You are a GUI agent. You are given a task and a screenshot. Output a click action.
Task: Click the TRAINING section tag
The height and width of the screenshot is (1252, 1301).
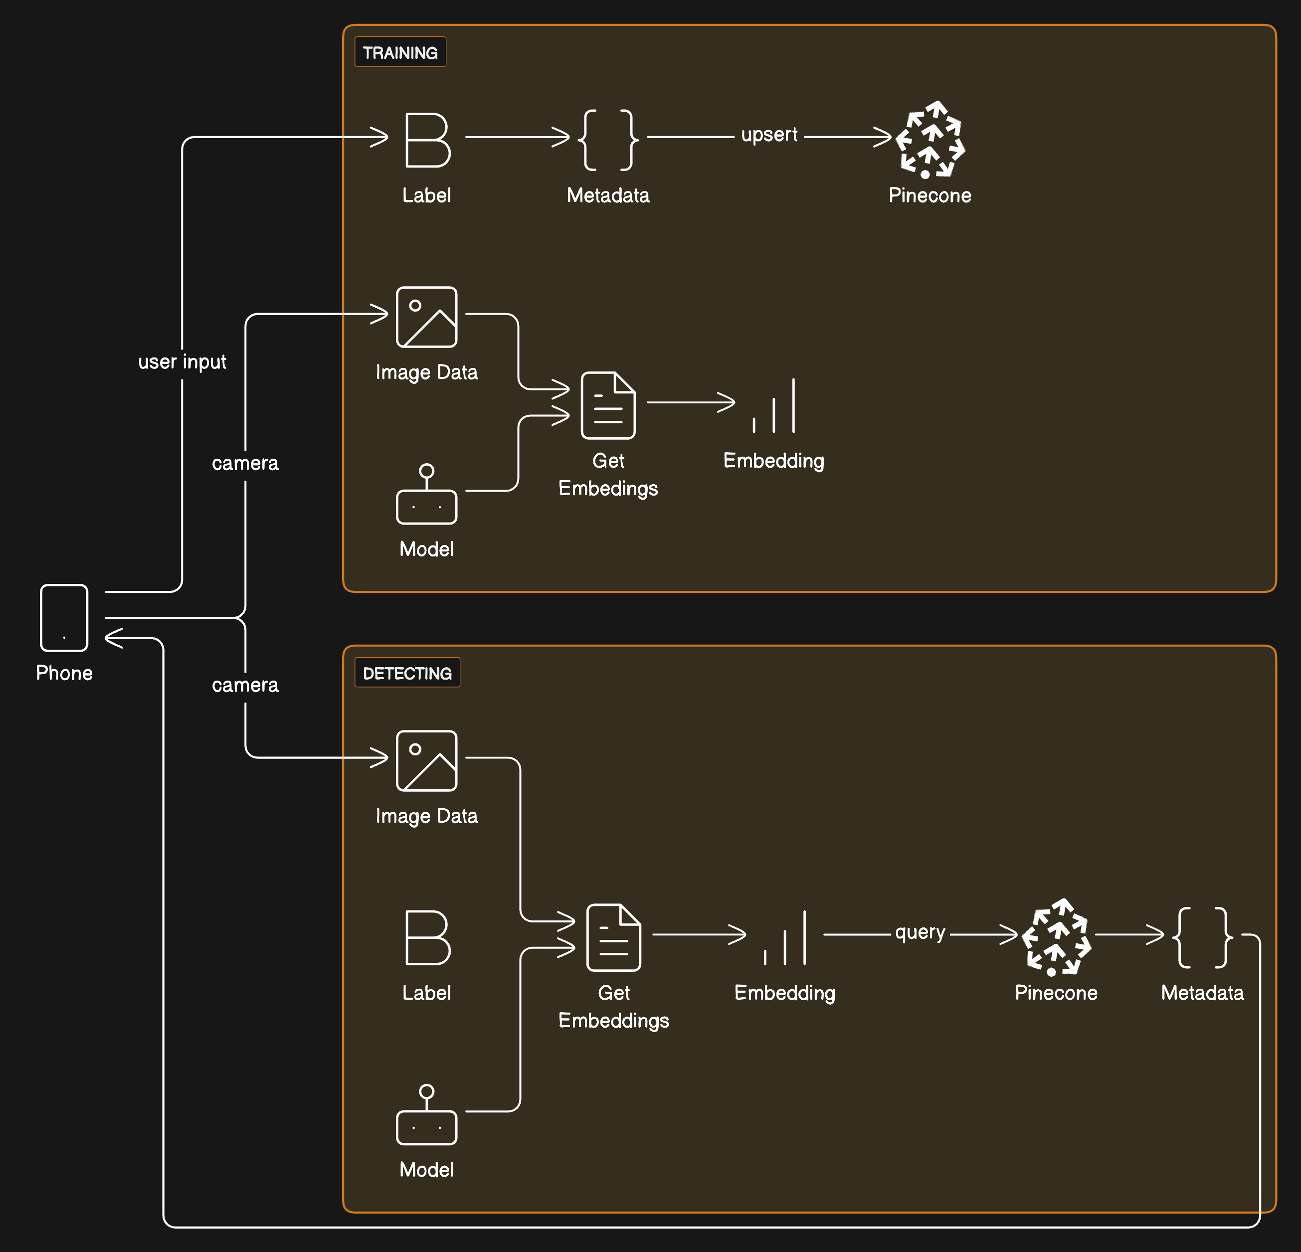400,52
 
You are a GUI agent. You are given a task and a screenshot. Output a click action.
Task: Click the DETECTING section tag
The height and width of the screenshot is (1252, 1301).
407,673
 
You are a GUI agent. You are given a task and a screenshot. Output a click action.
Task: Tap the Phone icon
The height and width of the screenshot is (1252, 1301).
64,617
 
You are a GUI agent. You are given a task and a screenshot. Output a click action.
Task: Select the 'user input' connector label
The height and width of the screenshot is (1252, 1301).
182,362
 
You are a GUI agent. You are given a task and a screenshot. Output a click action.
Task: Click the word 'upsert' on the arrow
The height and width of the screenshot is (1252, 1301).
768,135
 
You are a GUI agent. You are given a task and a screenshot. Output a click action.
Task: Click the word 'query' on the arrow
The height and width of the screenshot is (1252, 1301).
920,932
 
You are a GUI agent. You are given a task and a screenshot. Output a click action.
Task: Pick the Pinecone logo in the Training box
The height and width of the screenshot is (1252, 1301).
929,140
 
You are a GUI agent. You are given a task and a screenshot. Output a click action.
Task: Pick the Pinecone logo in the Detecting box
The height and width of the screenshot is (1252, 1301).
1056,937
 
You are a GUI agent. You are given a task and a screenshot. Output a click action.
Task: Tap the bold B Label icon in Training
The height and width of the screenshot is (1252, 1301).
427,140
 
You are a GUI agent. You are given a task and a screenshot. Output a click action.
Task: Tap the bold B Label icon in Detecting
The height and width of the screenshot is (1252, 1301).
427,937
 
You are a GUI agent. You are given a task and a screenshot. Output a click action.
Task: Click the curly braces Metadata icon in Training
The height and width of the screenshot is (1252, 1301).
608,140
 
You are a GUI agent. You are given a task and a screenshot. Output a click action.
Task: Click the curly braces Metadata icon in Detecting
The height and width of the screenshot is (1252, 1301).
1202,937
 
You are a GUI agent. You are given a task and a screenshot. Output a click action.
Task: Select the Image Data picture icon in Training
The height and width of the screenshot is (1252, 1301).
427,317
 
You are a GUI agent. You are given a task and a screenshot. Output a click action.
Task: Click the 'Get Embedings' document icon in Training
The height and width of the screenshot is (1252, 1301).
608,405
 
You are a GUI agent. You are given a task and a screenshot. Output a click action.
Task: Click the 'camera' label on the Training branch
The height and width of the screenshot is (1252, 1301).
245,463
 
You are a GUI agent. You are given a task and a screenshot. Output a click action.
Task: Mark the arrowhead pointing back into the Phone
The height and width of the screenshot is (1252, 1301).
113,638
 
